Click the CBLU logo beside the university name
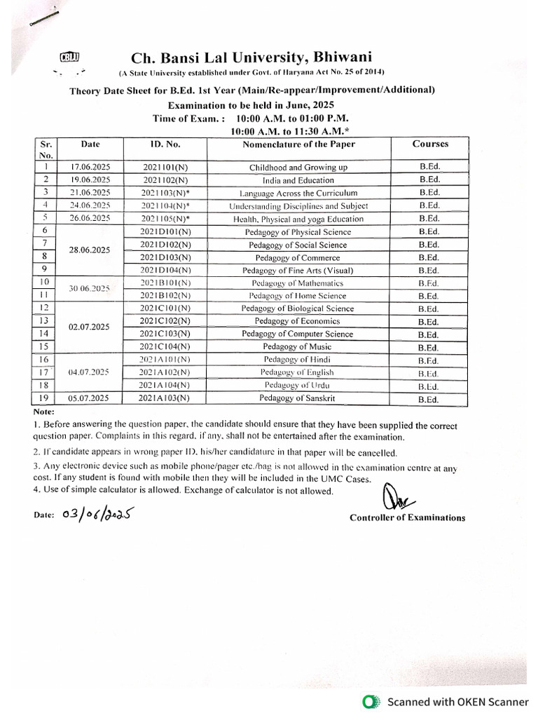[x=71, y=57]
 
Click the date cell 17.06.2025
[x=90, y=168]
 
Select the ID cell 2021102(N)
[x=165, y=180]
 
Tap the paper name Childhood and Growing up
[x=298, y=168]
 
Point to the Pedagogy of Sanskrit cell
[x=298, y=398]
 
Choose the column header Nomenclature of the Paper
[x=298, y=144]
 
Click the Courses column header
[x=429, y=144]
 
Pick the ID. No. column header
[x=165, y=144]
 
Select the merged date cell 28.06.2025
[x=90, y=250]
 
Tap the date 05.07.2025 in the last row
[x=90, y=398]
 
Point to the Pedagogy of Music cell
[x=298, y=347]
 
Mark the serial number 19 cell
[x=45, y=398]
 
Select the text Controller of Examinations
[x=407, y=517]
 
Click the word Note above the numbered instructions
[x=43, y=412]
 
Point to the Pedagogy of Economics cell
[x=298, y=321]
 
